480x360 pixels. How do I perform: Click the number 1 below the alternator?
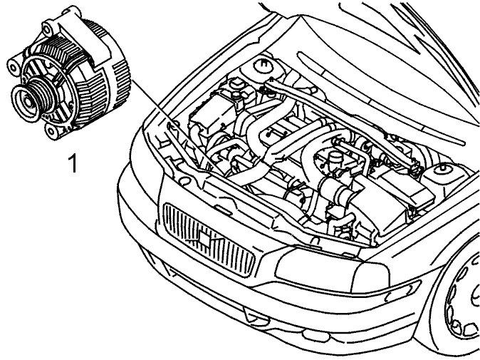tap(73, 163)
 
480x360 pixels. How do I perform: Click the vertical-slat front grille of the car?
tap(209, 239)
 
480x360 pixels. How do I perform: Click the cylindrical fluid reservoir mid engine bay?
tap(334, 160)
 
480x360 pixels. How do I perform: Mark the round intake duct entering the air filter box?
tap(336, 189)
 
